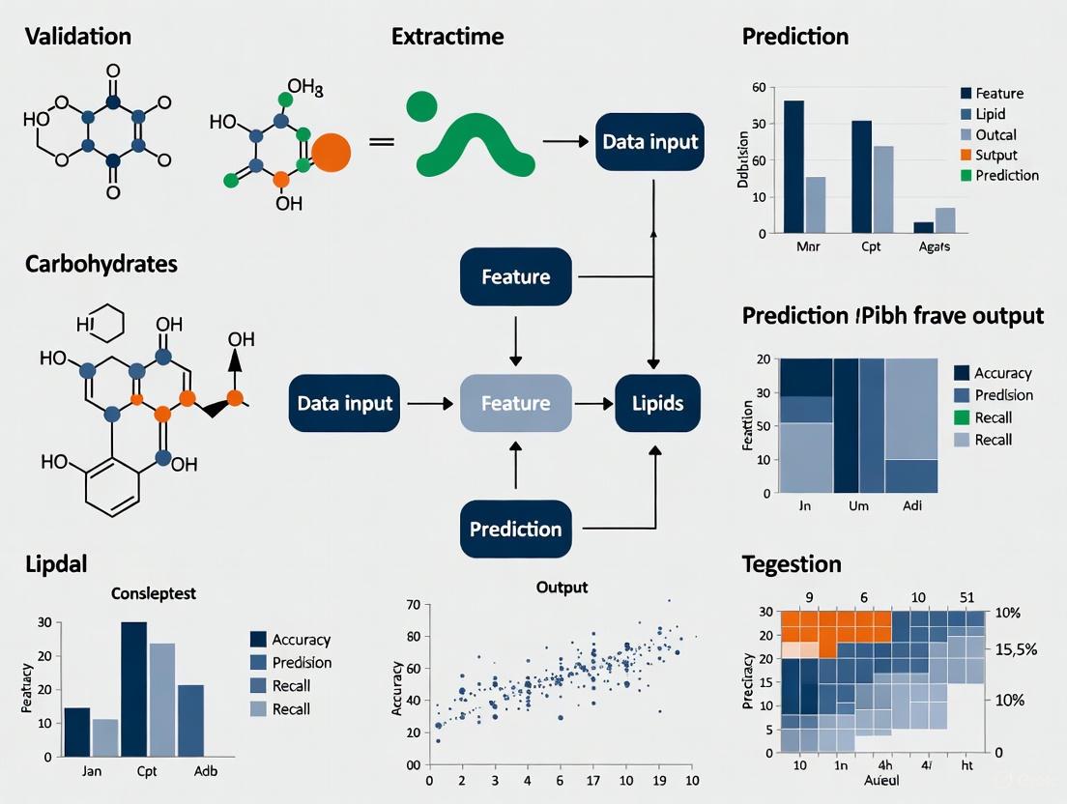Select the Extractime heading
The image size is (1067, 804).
click(447, 38)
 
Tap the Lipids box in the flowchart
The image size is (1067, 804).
click(657, 403)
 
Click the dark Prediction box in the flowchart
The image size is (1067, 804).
click(515, 530)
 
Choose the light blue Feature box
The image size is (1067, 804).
click(515, 403)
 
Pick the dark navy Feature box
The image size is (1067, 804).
click(515, 277)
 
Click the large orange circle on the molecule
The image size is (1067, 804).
click(332, 153)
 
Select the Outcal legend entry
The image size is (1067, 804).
click(995, 134)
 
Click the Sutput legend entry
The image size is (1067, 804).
click(995, 155)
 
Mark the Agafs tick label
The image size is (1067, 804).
click(934, 247)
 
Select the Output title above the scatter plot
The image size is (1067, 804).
click(561, 587)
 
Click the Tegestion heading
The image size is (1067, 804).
click(792, 563)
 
